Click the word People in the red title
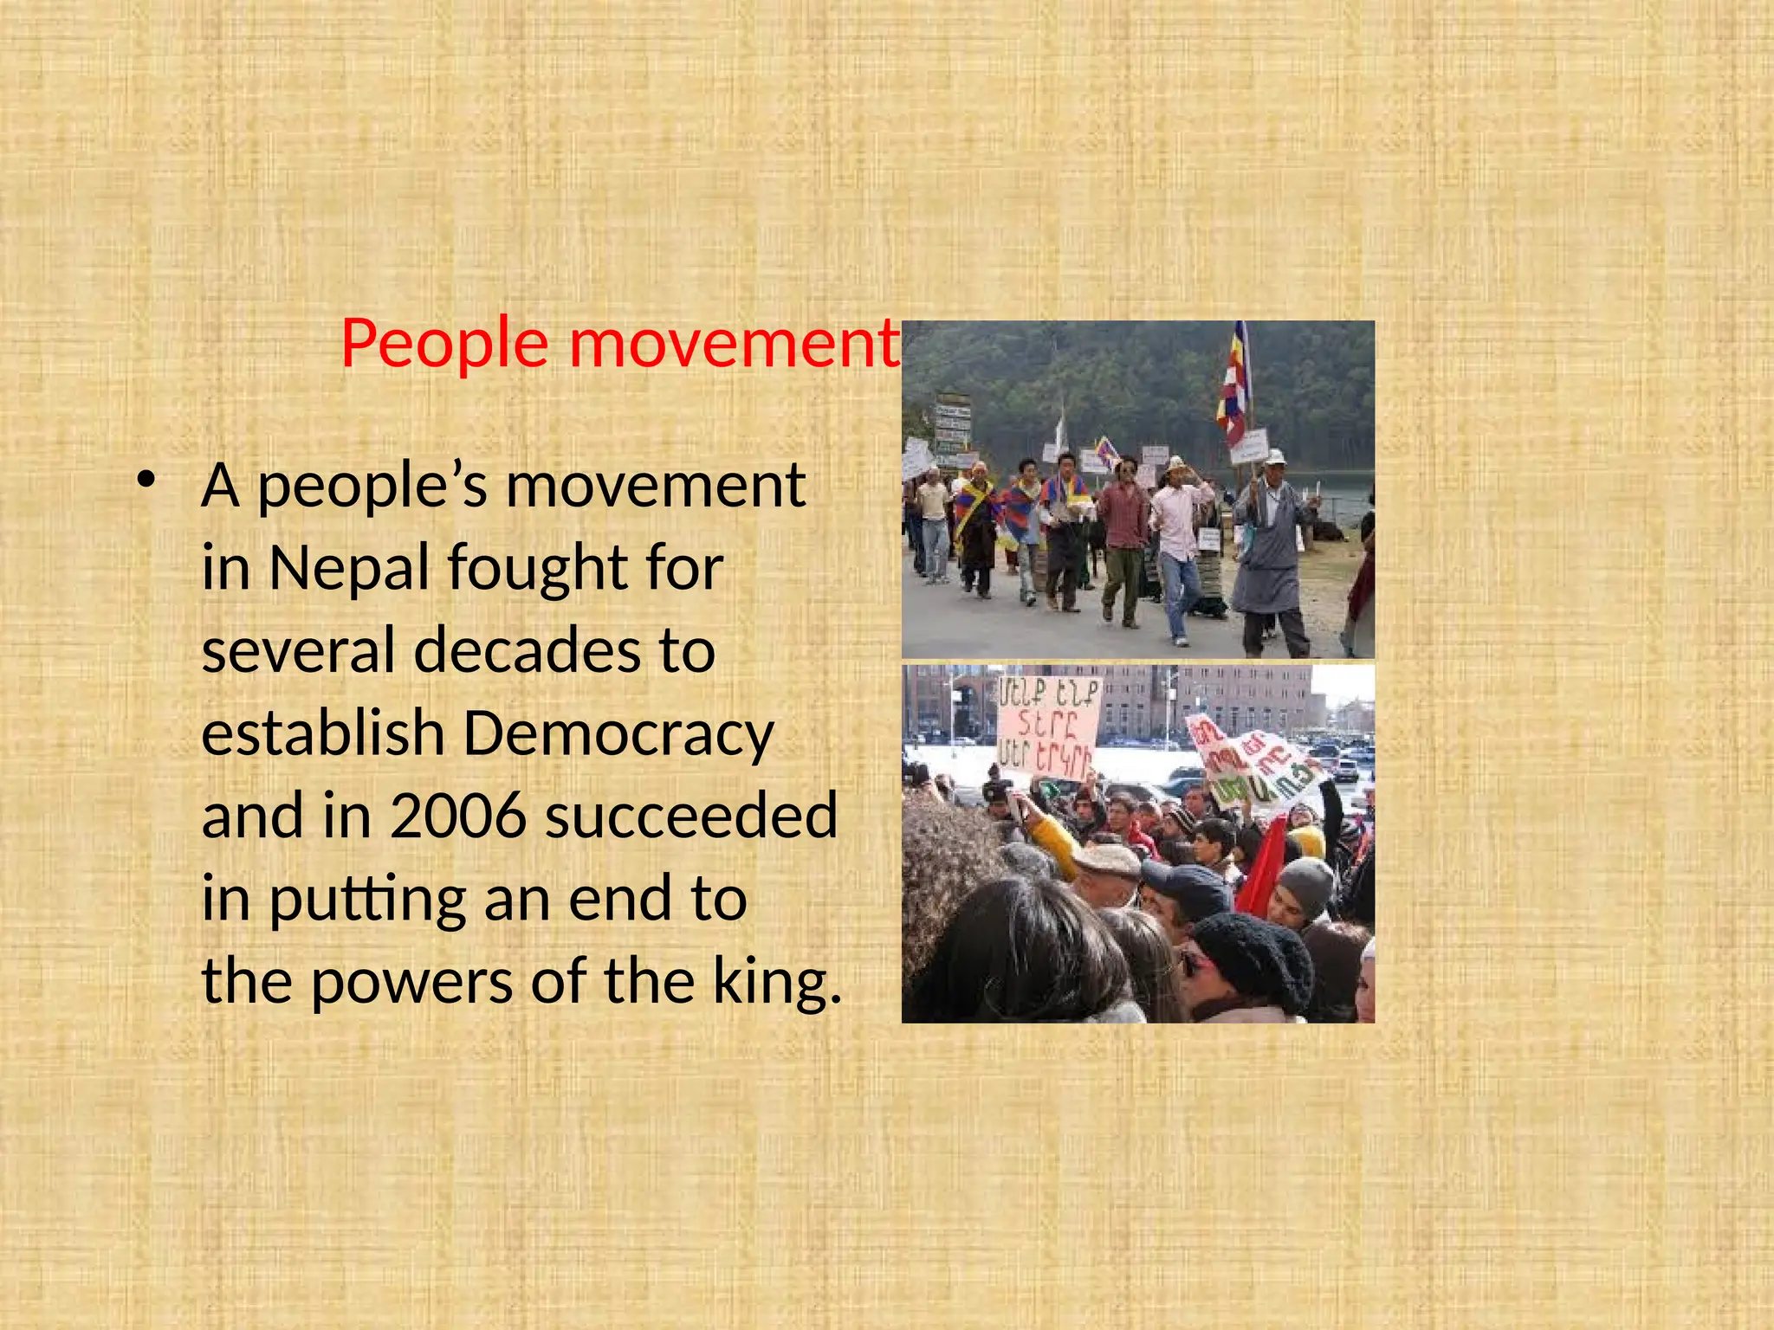(x=444, y=344)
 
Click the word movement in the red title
(x=735, y=344)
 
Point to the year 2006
(x=458, y=817)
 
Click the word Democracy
(x=618, y=734)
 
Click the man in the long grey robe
(x=1270, y=554)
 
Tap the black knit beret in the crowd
(x=1256, y=957)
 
